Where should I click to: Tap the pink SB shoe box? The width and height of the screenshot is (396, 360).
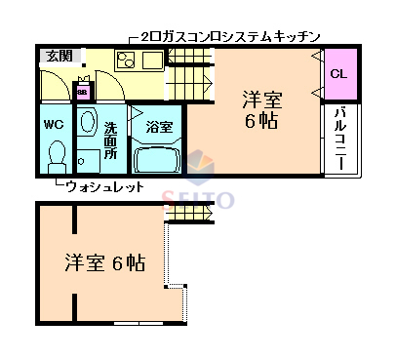83,92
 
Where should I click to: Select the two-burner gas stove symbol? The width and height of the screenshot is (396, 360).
127,61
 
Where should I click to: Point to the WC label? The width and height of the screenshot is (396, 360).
54,125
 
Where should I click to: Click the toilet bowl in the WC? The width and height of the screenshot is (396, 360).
57,154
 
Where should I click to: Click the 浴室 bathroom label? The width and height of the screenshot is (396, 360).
159,127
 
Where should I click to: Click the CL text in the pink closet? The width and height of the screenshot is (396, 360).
337,74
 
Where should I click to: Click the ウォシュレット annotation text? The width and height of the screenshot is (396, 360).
106,187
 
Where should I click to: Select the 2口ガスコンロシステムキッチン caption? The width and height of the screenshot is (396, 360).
230,37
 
